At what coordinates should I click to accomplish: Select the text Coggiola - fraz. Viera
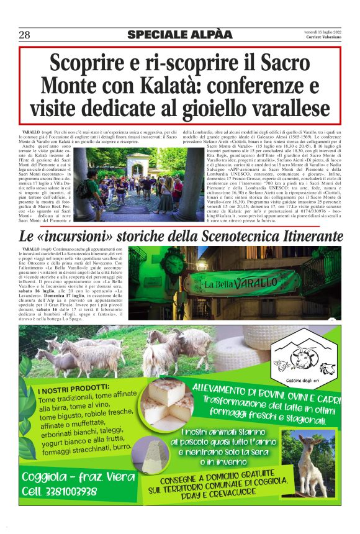[78, 477]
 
